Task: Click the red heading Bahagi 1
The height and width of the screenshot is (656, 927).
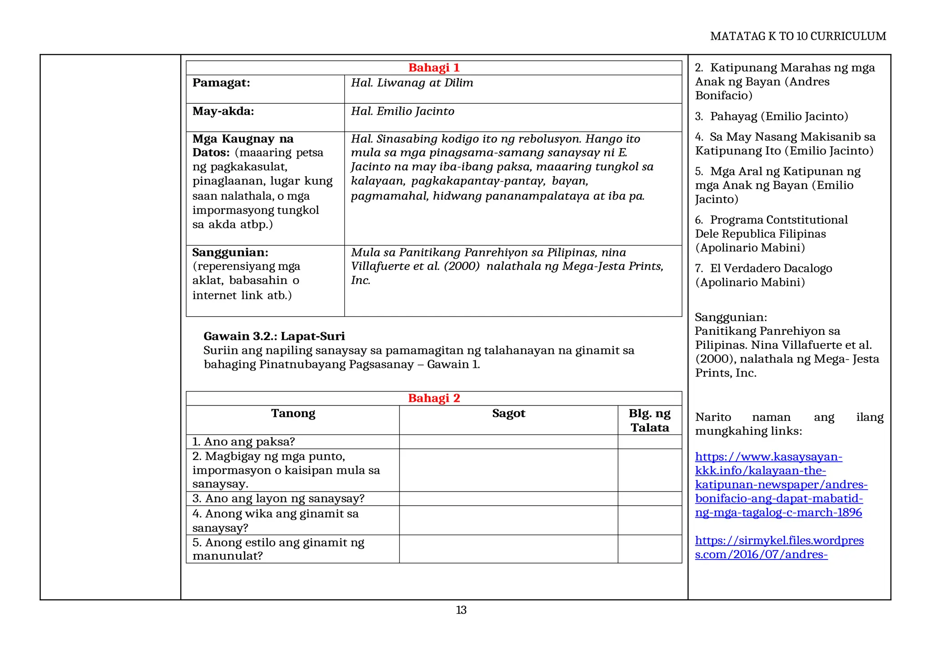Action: [x=434, y=68]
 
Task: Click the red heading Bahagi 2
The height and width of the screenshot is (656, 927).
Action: [x=434, y=398]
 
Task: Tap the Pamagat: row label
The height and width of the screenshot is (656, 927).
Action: [x=221, y=83]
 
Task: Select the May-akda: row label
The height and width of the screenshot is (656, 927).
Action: [x=223, y=111]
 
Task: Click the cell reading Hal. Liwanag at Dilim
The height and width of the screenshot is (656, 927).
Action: [x=412, y=83]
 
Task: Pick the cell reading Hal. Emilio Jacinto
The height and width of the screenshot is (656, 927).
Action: [x=402, y=111]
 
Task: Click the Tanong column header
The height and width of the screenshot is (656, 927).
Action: [x=293, y=414]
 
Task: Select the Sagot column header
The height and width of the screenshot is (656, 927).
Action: [x=508, y=414]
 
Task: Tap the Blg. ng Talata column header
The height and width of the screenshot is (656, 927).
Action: [x=650, y=420]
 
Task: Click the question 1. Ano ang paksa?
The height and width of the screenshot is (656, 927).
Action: [x=244, y=442]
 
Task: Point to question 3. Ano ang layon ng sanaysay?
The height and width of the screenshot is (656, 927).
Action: [x=278, y=499]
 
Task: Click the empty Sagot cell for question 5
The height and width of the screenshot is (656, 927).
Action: [x=508, y=549]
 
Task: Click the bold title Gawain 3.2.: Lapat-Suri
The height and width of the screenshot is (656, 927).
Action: [x=274, y=336]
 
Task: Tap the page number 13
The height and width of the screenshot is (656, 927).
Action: [x=461, y=610]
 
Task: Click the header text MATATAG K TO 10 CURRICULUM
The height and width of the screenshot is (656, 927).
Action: [x=798, y=36]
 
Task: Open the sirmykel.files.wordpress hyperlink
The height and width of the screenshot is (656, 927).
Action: [x=779, y=547]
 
